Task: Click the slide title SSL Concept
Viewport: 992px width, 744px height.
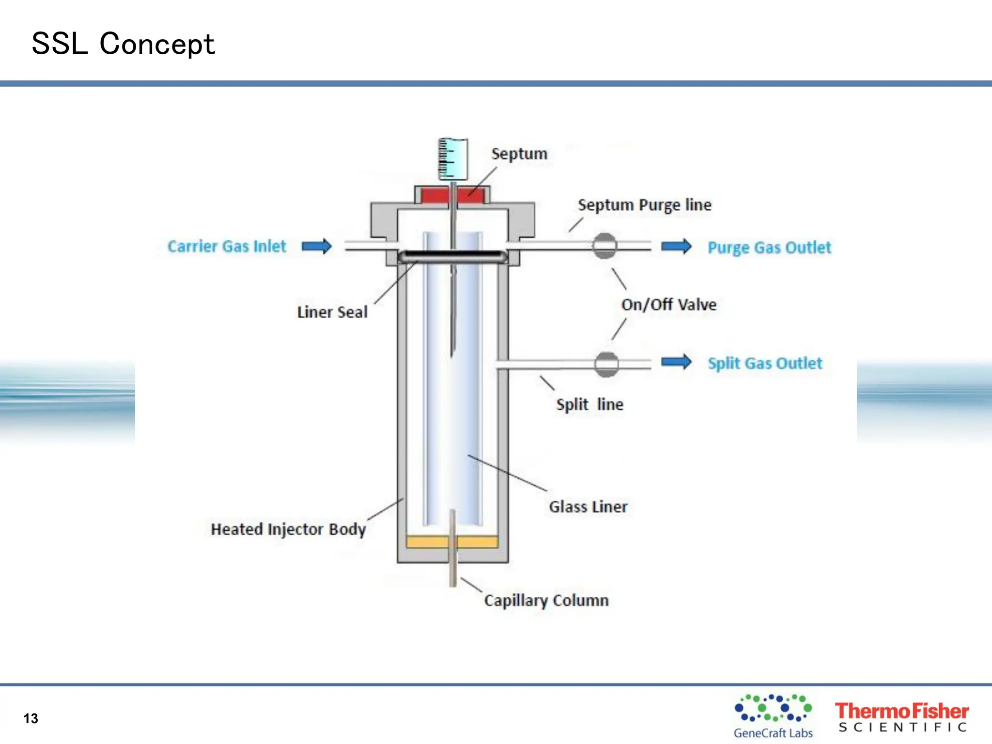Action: pos(123,44)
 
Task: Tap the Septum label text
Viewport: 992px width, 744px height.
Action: pos(519,154)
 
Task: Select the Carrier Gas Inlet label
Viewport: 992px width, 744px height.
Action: pos(227,246)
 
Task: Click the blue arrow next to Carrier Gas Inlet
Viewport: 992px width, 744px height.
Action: pos(317,246)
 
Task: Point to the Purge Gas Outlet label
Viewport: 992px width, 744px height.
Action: pos(769,248)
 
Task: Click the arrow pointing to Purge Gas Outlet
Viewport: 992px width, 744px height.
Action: pos(676,246)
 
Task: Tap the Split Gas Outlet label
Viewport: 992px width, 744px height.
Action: pos(765,363)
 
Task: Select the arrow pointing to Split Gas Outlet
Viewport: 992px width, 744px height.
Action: pos(676,361)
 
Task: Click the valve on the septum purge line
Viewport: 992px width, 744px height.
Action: pos(604,246)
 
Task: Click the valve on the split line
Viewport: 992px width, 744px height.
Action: pos(606,364)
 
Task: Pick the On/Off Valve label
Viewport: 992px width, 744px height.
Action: pos(668,305)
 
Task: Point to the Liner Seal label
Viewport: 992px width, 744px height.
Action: pos(332,312)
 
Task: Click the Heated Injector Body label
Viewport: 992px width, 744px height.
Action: pos(288,529)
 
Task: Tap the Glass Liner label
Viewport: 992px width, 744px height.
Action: pos(588,507)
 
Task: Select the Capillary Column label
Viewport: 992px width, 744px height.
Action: pos(546,600)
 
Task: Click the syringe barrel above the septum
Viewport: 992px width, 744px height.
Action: pos(453,159)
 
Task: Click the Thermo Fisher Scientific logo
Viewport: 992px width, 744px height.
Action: pos(901,717)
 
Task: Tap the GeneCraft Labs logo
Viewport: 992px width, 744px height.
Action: pos(773,716)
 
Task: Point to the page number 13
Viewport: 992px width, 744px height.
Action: pos(31,718)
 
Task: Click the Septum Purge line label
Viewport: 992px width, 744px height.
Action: pos(644,205)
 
